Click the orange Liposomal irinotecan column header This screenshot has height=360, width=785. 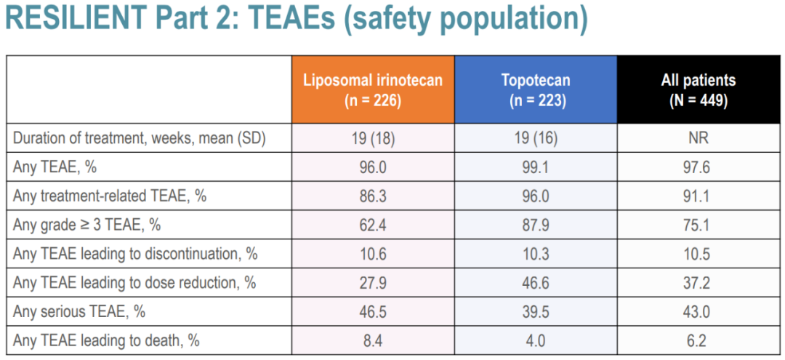(372, 89)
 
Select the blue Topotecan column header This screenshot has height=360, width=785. (535, 89)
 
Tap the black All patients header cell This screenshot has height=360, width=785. (698, 89)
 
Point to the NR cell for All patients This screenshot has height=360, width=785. (698, 139)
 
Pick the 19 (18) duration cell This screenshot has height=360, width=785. (372, 139)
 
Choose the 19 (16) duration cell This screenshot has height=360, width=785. (535, 139)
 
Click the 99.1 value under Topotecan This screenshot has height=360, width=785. (535, 167)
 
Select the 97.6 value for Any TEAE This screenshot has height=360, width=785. (698, 167)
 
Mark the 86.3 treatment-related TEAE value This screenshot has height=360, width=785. (372, 196)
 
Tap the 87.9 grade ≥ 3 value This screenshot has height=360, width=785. (535, 225)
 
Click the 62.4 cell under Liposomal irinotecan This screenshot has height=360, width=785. (372, 225)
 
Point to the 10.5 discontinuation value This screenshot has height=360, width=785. (698, 254)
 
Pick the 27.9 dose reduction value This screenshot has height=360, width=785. (372, 282)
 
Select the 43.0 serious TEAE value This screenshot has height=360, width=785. (698, 311)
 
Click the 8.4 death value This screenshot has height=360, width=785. (372, 340)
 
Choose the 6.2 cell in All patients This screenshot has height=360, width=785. (698, 340)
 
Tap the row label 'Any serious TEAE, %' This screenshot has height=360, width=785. (79, 311)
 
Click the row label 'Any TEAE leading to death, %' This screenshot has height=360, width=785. (106, 340)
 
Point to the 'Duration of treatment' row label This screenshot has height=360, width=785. (139, 139)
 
